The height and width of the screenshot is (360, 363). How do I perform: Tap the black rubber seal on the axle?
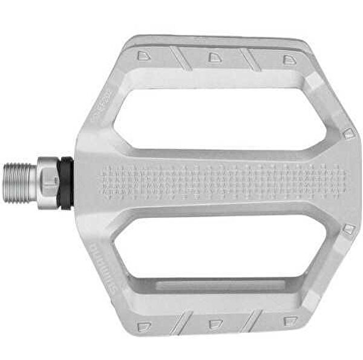(x=65, y=183)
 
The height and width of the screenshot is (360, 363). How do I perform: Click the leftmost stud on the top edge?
(x=143, y=55)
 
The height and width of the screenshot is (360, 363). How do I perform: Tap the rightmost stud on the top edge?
(x=290, y=59)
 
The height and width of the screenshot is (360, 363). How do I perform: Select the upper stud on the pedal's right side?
(x=347, y=133)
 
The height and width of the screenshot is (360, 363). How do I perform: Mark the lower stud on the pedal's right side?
(x=348, y=229)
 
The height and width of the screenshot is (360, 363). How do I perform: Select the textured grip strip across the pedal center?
(x=224, y=182)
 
